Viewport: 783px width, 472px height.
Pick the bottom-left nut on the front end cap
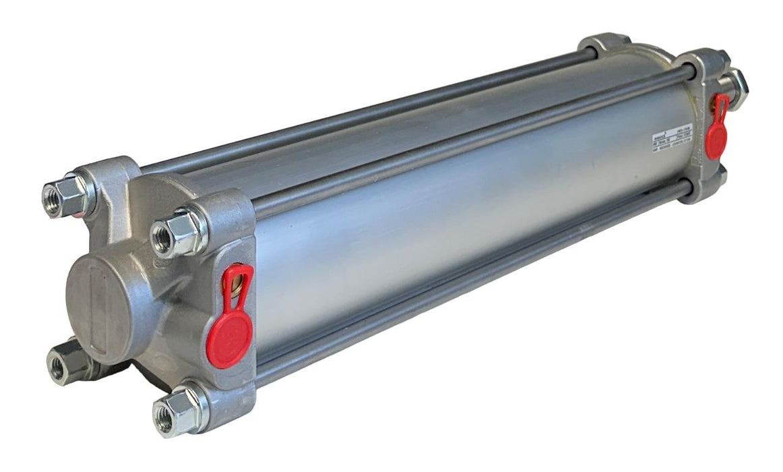68,360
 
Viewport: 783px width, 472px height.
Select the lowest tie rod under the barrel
472,297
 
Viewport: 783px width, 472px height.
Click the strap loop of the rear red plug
722,105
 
